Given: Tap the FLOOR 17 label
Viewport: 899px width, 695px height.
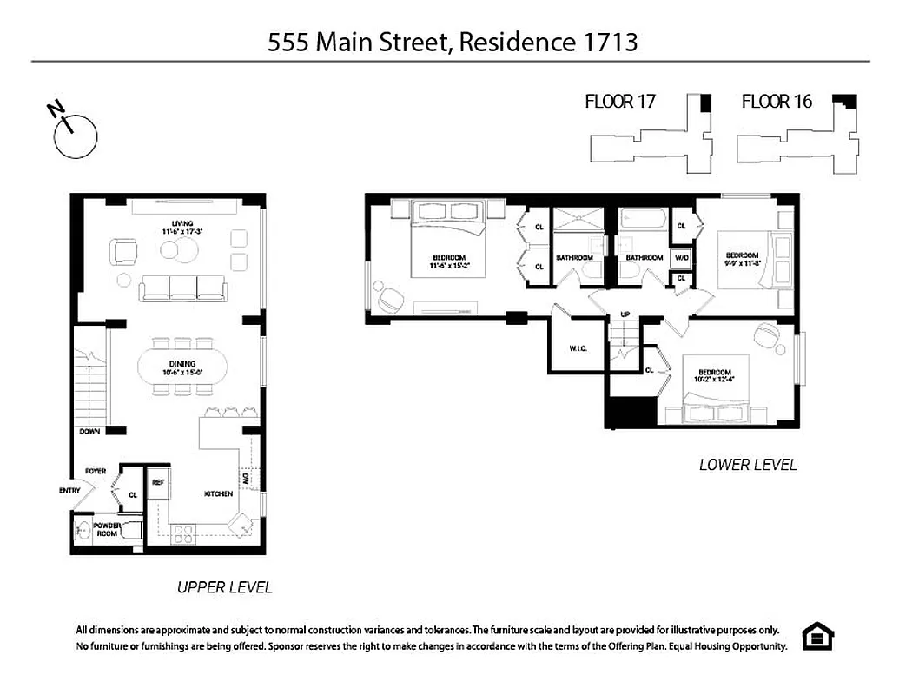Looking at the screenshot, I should point(619,102).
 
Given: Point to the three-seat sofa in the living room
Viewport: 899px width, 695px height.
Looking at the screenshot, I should point(183,288).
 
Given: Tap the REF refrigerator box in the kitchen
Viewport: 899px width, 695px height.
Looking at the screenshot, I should point(158,483).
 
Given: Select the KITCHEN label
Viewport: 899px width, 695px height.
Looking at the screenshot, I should point(218,493).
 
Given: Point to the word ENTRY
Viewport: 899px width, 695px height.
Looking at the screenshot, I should point(69,490).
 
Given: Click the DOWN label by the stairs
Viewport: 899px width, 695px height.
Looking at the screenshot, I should point(89,431).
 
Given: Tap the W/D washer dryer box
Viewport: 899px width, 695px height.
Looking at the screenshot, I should point(682,257).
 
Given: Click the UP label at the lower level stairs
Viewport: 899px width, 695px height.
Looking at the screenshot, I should point(624,314).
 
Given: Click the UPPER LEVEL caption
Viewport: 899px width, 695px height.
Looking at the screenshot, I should point(224,587).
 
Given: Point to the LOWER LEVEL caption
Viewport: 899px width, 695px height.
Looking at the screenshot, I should point(747,465).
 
